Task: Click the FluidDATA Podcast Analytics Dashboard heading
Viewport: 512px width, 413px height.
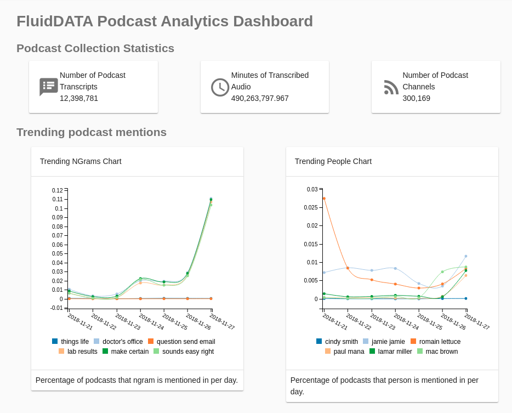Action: (164, 21)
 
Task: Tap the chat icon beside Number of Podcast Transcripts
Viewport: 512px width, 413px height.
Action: (48, 87)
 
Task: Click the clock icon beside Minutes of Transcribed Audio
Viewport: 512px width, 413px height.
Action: (220, 87)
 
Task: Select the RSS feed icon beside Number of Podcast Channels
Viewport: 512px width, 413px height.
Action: (391, 87)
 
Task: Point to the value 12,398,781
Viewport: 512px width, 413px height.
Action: (79, 98)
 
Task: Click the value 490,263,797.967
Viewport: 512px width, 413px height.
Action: (260, 98)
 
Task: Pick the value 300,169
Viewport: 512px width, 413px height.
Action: (416, 98)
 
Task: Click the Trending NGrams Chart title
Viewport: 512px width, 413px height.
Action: (81, 161)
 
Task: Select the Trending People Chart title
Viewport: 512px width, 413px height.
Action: (333, 161)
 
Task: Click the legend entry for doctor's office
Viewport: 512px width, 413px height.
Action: (122, 342)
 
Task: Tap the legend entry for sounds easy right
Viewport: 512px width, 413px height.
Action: (187, 352)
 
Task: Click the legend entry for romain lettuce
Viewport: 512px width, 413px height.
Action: (439, 342)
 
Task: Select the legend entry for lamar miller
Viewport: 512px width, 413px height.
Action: (395, 352)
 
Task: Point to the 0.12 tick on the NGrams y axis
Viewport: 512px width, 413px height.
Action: (58, 190)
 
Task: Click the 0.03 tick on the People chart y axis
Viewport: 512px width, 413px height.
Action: (312, 189)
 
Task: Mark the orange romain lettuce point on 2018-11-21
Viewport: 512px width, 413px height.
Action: (324, 199)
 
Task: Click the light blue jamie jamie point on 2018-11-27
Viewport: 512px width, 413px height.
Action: (466, 256)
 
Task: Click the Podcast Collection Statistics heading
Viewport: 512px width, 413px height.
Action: (95, 48)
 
